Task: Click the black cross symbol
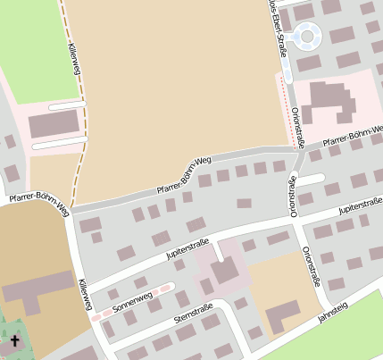coord(15,341)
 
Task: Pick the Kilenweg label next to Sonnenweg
coord(85,294)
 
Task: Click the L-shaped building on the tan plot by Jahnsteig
coord(285,314)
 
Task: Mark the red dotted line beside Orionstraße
coord(287,112)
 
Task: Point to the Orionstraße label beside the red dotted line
coord(298,125)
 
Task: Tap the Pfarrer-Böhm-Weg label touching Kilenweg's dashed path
coord(36,204)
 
